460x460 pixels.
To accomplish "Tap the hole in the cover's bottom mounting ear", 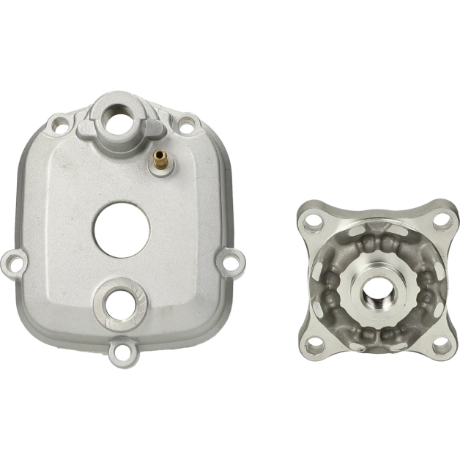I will [121, 353].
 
